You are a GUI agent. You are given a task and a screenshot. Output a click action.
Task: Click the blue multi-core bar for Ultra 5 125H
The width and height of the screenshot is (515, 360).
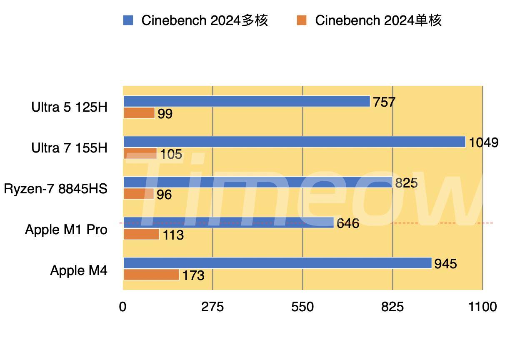(246, 101)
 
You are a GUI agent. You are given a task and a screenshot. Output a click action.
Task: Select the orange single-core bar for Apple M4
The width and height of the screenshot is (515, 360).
(151, 275)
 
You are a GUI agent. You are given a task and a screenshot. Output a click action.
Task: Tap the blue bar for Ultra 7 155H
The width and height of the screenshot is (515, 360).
(294, 142)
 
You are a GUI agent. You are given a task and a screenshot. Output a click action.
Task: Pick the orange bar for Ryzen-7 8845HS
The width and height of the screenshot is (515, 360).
(138, 194)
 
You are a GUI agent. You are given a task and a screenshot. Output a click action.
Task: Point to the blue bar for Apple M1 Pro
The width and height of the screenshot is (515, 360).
(228, 222)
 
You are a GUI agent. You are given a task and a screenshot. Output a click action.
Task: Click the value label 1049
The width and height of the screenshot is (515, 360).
(483, 142)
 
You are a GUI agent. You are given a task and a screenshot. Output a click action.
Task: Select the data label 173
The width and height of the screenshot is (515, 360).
(193, 275)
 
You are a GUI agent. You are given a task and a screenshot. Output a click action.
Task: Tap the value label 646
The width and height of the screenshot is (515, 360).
(347, 224)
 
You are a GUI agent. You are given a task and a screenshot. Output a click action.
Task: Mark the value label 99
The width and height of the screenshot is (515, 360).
(165, 114)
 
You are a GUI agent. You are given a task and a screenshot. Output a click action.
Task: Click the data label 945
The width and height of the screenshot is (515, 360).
(445, 264)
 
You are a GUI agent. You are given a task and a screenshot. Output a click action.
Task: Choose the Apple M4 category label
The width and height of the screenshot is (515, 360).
(79, 270)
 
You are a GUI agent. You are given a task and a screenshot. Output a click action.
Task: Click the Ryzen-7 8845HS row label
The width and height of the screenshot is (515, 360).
(56, 189)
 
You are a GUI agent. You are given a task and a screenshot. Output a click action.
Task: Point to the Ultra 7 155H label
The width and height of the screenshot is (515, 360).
(69, 148)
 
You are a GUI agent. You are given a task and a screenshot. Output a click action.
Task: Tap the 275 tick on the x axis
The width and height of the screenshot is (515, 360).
(212, 307)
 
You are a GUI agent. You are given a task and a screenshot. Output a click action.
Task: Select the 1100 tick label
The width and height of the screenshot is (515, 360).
(482, 307)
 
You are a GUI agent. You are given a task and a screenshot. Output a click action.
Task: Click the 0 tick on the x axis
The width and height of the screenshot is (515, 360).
(122, 307)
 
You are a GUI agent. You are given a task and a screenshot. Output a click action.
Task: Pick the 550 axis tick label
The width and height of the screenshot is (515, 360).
(302, 307)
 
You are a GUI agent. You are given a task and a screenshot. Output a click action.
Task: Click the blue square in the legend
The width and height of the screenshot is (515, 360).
(128, 20)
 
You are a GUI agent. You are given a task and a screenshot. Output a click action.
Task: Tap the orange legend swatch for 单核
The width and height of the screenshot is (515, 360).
(302, 20)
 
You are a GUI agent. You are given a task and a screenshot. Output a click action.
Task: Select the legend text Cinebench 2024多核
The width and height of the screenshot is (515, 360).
(205, 20)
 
